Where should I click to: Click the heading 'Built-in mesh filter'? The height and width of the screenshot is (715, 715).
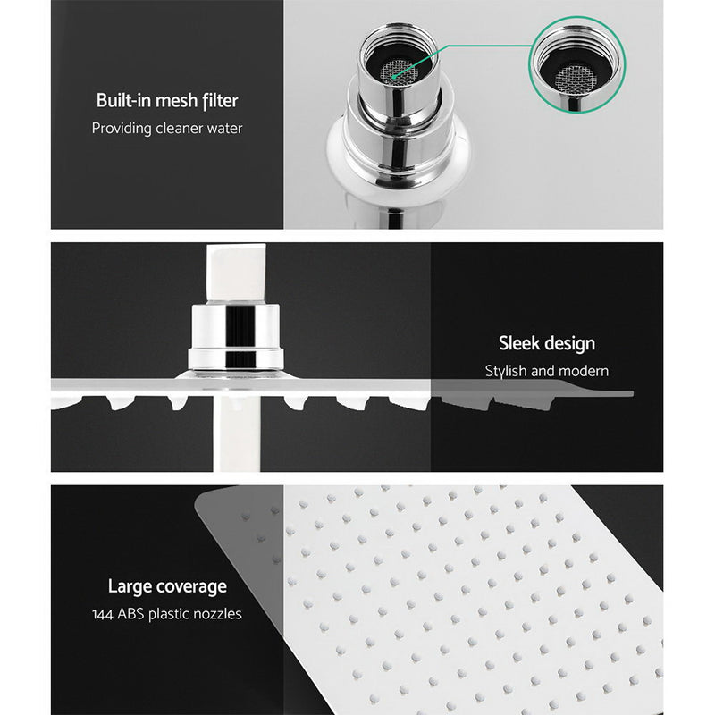click(x=166, y=100)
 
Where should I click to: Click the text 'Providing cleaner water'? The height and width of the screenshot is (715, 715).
click(x=166, y=128)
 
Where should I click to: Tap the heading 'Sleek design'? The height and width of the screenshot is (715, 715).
click(x=546, y=343)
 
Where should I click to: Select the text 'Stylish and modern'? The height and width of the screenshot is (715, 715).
click(x=546, y=370)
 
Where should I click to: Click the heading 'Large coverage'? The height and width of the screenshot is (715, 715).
click(x=166, y=586)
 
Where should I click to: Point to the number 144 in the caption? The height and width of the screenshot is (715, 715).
click(x=104, y=614)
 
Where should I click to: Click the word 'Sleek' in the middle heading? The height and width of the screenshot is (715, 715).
click(x=518, y=343)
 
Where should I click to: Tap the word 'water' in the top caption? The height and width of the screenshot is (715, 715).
click(x=223, y=128)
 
